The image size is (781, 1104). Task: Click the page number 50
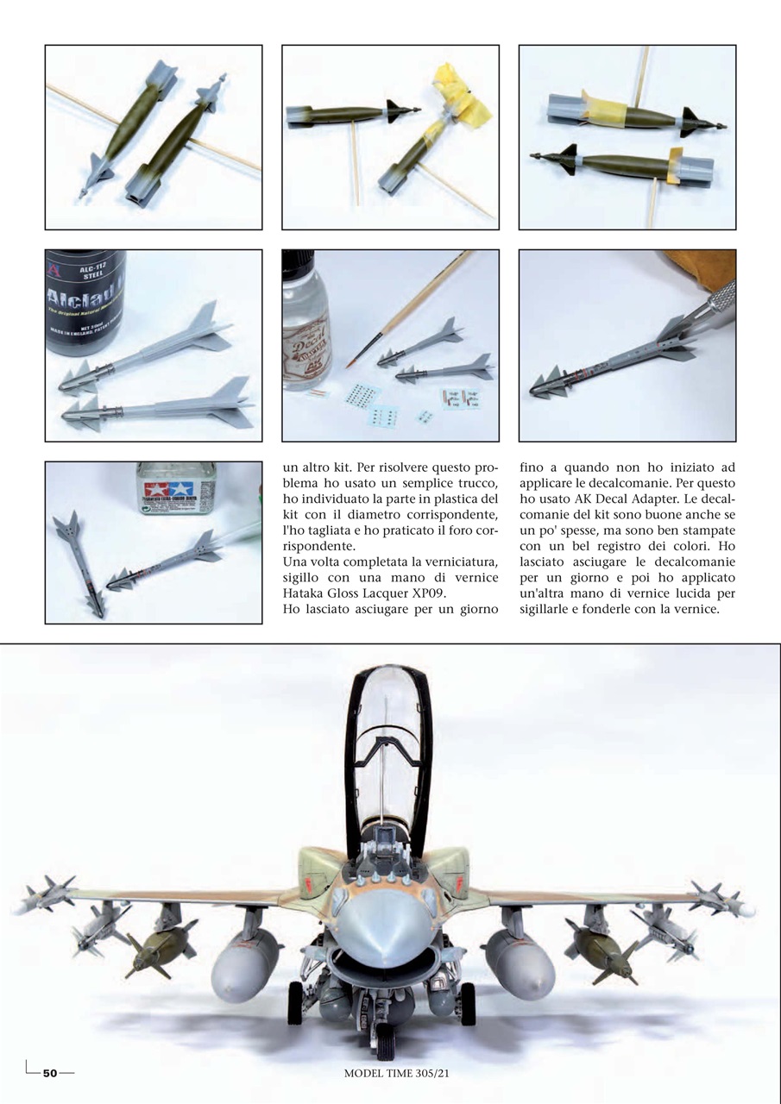point(49,1073)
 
